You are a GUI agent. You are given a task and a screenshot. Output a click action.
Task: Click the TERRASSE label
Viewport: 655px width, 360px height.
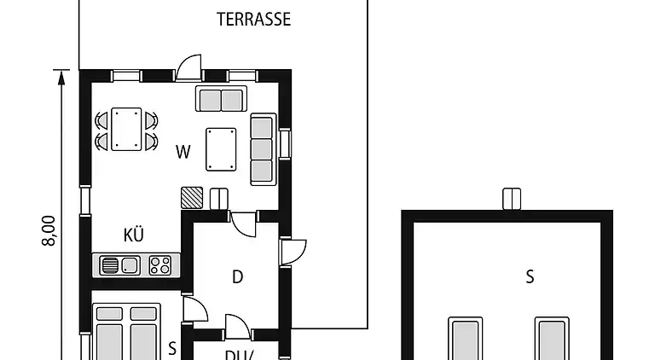[x=253, y=19]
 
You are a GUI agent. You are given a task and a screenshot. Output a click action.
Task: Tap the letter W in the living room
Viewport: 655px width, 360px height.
[x=183, y=153]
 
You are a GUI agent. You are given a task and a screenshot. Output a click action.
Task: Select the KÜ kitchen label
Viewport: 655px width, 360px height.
[x=133, y=235]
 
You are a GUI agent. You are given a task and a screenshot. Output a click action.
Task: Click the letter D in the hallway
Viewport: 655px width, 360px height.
[x=238, y=276]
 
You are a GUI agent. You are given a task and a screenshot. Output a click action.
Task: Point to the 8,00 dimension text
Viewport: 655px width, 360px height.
[x=49, y=230]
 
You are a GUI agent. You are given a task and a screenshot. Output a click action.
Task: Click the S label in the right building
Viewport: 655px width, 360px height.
[x=530, y=276]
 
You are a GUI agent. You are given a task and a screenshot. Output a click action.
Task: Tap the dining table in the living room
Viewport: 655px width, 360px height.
[x=126, y=129]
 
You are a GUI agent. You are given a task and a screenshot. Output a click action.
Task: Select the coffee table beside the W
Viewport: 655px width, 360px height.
[x=221, y=149]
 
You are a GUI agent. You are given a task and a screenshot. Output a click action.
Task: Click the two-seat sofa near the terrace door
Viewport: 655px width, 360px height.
[x=221, y=99]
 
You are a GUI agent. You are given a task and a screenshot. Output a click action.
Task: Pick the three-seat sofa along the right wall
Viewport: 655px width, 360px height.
[x=262, y=149]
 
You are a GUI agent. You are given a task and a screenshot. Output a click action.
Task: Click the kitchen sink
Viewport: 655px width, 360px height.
[x=119, y=265]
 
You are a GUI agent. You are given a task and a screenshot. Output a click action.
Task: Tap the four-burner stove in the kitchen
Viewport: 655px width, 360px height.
[x=159, y=265]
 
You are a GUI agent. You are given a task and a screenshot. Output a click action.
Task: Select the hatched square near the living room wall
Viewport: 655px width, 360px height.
[x=192, y=198]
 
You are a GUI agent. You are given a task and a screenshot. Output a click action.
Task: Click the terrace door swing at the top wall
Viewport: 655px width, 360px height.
[x=189, y=67]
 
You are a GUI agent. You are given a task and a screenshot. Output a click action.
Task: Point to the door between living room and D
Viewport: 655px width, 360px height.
[x=244, y=224]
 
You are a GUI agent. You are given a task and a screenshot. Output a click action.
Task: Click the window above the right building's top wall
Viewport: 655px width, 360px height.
[x=512, y=199]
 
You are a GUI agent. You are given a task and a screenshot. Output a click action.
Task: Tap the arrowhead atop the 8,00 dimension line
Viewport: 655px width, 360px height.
[x=61, y=77]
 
